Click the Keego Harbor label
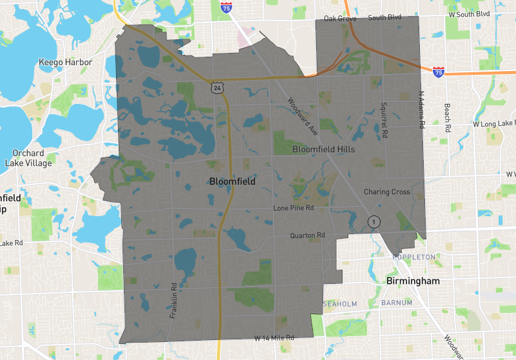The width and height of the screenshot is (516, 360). (65, 63)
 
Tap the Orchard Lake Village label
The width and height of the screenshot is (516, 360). (28, 158)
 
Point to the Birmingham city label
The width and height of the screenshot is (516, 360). (413, 281)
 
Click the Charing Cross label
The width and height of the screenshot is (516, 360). (387, 192)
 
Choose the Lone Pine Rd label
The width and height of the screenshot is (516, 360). (293, 208)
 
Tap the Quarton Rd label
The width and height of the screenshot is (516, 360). (307, 235)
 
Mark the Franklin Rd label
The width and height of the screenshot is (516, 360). (173, 301)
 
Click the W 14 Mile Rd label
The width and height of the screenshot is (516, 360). (274, 337)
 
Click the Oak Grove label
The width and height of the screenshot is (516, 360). (340, 19)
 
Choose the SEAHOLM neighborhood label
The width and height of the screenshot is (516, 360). (339, 303)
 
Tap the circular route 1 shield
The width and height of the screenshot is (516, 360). (372, 221)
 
